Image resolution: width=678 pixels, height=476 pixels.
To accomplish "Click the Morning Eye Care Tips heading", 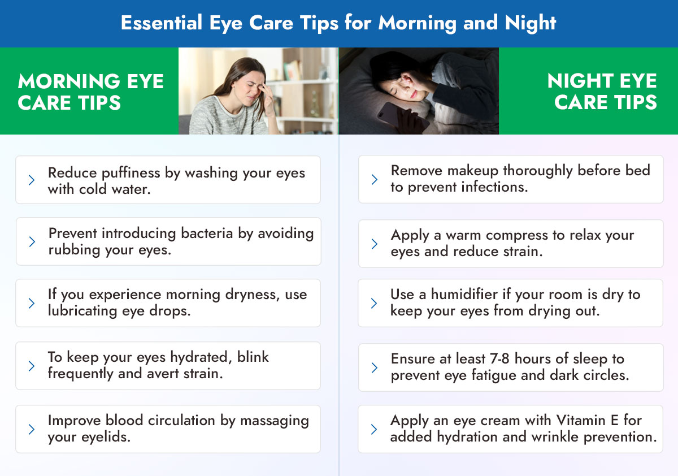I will [x=90, y=92].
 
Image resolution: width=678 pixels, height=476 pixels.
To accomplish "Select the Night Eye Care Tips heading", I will [x=602, y=92].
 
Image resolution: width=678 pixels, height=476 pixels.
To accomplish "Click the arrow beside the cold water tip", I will [x=32, y=180].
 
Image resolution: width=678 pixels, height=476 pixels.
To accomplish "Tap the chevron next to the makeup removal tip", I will [x=374, y=179].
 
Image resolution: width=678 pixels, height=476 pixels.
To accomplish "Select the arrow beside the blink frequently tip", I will [x=32, y=366].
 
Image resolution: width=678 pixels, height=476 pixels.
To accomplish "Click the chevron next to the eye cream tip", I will [x=374, y=429].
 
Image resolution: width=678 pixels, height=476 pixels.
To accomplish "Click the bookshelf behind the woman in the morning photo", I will [x=307, y=85].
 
